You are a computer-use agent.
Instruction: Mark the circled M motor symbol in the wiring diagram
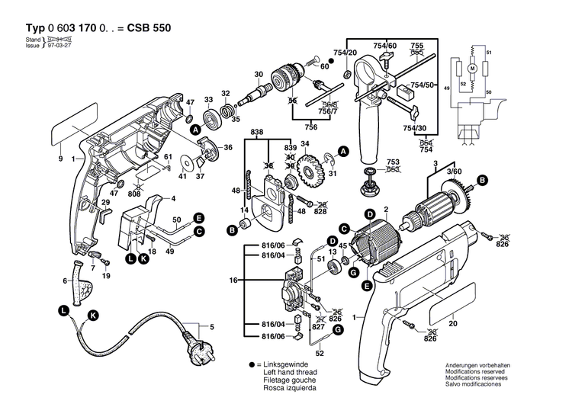[x=471, y=69]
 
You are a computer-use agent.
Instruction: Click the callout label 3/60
[x=455, y=172]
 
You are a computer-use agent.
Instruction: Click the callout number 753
[x=394, y=162]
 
